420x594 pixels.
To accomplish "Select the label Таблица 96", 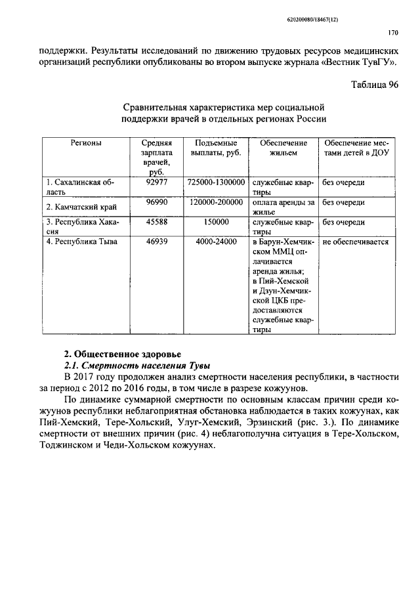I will tap(375, 85).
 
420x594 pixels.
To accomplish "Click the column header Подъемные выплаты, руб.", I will tap(216, 148).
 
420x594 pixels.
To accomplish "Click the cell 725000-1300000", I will tap(216, 182).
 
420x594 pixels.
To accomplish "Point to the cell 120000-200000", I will tap(216, 202).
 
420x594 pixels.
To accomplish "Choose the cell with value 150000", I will tap(216, 222).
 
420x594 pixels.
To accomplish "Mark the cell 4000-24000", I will tap(216, 242).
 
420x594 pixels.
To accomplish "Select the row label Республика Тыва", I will tap(82, 242).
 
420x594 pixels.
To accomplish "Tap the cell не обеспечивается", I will tap(356, 242).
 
